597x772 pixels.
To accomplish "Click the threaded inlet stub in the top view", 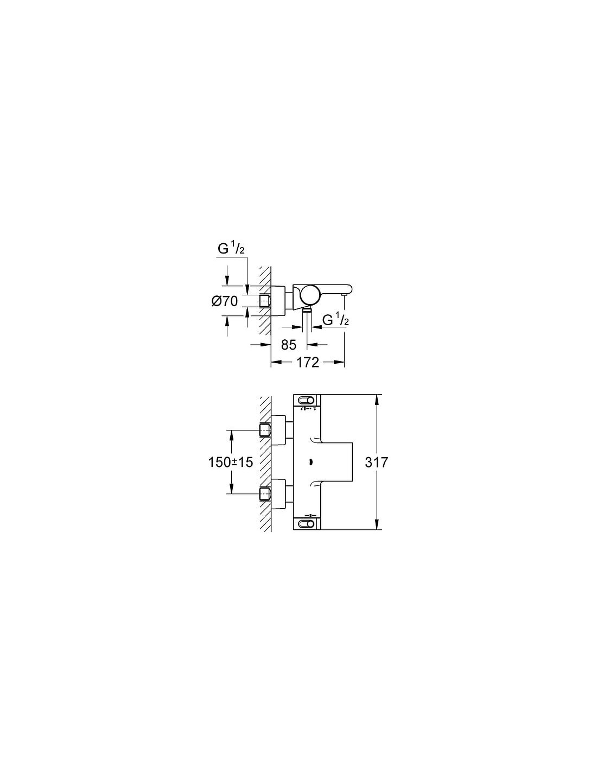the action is click(265, 301).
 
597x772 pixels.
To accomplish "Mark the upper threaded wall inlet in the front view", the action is click(265, 430).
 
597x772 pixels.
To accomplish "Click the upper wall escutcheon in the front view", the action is click(278, 430).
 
